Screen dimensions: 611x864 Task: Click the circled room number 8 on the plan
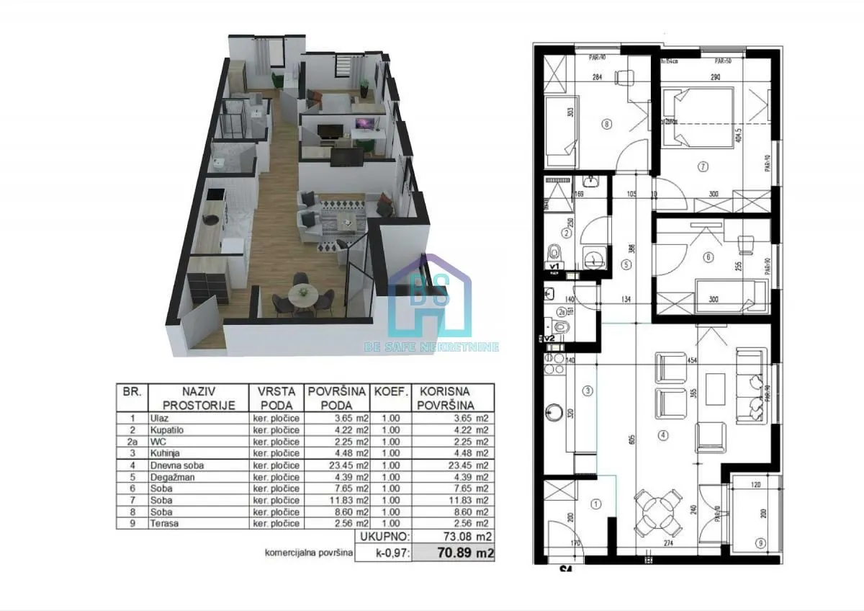[x=606, y=123]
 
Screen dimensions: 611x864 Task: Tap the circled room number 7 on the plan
[x=703, y=166]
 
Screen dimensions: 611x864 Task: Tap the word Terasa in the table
[x=164, y=524]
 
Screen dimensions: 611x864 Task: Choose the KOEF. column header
[x=390, y=392]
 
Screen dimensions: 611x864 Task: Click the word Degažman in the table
[x=171, y=476]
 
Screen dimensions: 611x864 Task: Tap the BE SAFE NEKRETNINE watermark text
[x=431, y=347]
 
